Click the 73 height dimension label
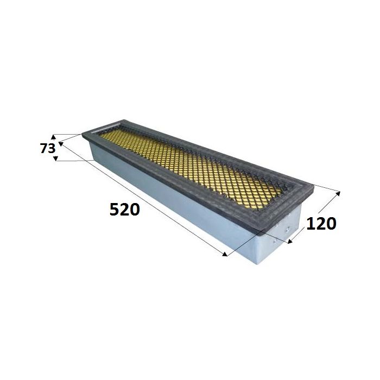(x=48, y=148)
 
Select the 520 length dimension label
(x=124, y=210)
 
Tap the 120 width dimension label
(x=321, y=224)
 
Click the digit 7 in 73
(x=44, y=148)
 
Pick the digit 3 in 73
(x=52, y=148)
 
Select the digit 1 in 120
(x=311, y=224)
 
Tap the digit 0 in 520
(x=135, y=210)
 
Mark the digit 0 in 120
(x=331, y=224)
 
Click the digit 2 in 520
(x=124, y=210)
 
